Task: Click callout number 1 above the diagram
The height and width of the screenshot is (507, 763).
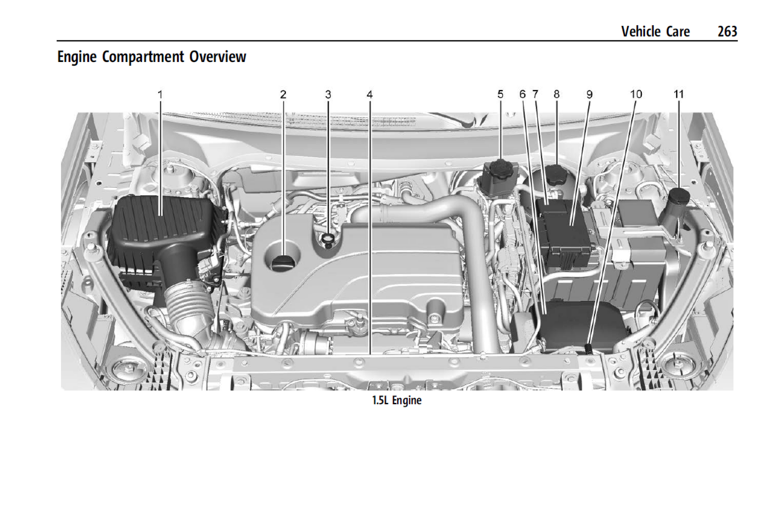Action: (160, 94)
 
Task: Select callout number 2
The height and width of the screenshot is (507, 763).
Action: (283, 94)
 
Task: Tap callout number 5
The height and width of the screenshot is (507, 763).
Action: (500, 94)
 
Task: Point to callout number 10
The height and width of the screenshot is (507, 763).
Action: (636, 94)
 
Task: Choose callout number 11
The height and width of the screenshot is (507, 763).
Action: (679, 94)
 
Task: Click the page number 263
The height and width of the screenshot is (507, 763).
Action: (727, 31)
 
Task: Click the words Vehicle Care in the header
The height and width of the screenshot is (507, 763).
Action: (655, 31)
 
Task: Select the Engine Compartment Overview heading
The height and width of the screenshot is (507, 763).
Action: (152, 57)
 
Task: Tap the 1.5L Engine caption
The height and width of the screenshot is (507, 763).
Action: (397, 400)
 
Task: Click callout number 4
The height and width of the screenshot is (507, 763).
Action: (369, 94)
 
